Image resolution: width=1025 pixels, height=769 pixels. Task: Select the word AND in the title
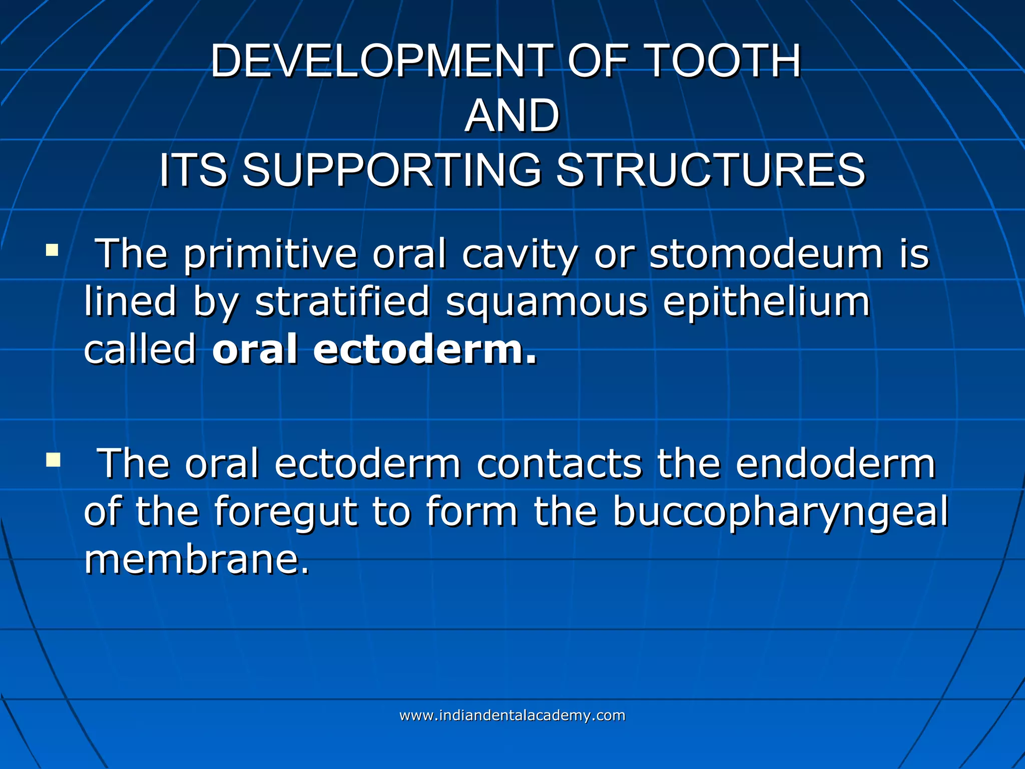coord(511,116)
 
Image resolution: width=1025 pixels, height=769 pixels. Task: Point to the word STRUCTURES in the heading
coord(711,170)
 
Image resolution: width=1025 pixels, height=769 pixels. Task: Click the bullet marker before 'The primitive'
coord(52,250)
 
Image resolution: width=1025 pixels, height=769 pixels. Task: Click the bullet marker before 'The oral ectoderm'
coord(53,459)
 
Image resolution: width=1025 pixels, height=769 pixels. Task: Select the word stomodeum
coord(766,254)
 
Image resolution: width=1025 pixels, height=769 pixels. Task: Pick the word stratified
coord(342,302)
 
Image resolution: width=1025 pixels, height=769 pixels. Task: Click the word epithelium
coord(766,303)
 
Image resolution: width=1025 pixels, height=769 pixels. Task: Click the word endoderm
coord(835,464)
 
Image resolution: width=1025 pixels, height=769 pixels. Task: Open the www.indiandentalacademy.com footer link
coord(512,715)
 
